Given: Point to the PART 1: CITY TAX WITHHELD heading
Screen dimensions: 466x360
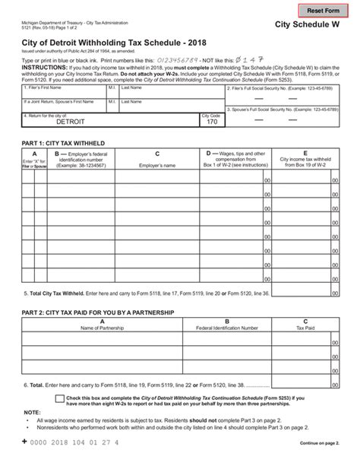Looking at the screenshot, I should [x=65, y=143].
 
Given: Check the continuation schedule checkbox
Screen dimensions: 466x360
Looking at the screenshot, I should [x=60, y=398].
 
